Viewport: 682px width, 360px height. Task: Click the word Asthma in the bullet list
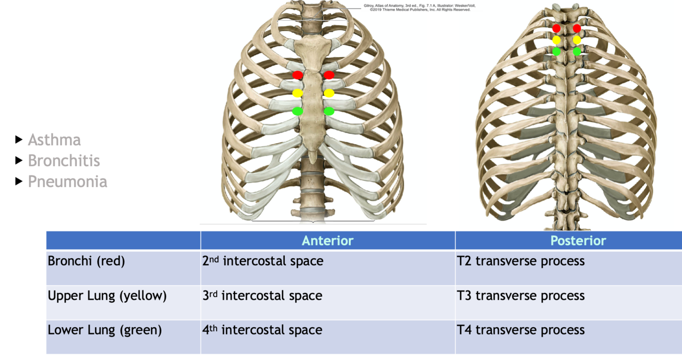54,140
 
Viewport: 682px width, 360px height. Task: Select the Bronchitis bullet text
64,161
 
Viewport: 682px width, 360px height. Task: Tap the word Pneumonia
67,182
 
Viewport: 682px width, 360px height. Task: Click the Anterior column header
327,240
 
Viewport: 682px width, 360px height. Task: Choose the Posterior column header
578,240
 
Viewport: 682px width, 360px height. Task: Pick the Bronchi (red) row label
86,261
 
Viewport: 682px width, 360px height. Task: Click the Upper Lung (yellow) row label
107,296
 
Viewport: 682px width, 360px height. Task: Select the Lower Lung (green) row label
105,330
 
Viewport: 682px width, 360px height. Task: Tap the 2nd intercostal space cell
263,261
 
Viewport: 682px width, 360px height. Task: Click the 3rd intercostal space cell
262,296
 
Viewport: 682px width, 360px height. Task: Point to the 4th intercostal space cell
262,330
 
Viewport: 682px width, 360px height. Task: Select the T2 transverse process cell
520,261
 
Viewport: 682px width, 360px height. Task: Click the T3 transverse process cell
520,296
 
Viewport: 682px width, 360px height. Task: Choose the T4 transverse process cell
520,330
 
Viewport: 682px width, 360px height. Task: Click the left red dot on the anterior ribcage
298,75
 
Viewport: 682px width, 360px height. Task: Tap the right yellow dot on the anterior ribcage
329,93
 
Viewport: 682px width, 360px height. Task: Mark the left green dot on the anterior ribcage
298,111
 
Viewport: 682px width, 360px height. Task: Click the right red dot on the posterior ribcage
577,29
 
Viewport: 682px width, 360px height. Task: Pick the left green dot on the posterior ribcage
557,51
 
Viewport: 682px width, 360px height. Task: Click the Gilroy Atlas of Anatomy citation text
417,7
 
